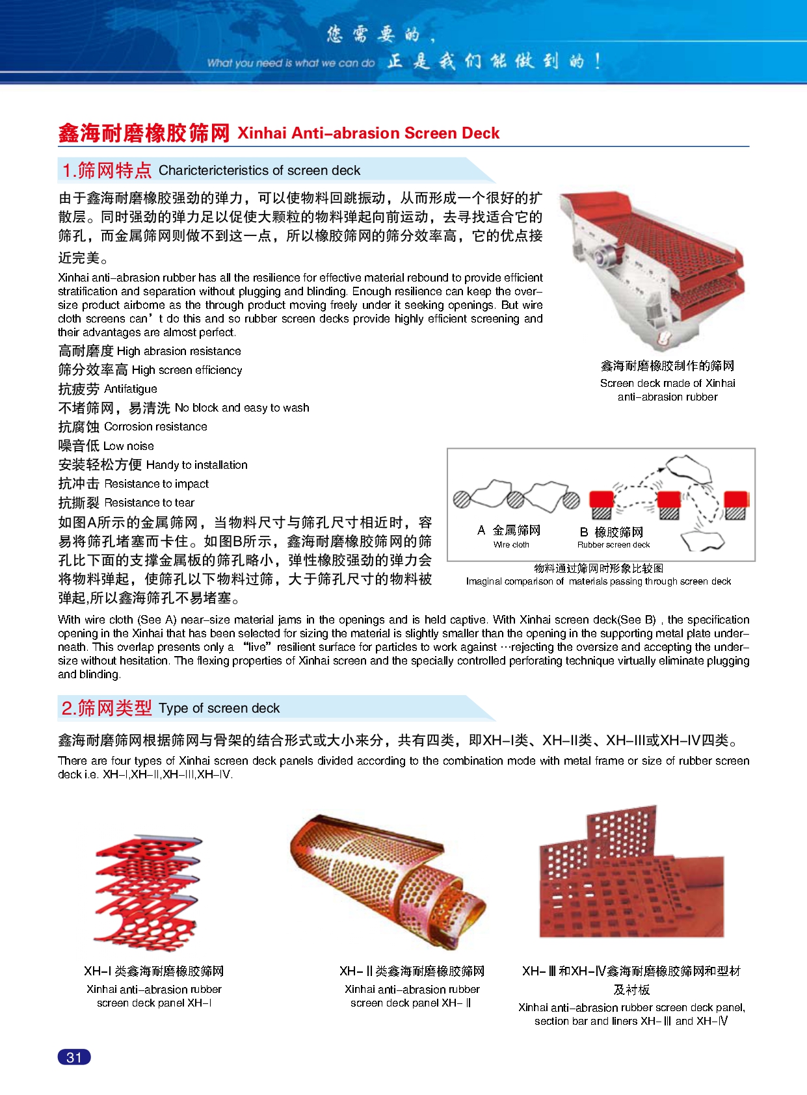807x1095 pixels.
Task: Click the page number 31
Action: pyautogui.click(x=74, y=1057)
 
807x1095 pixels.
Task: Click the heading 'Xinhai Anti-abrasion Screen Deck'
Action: pyautogui.click(x=368, y=133)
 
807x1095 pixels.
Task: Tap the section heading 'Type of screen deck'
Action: pyautogui.click(x=219, y=708)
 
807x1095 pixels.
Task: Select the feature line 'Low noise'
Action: pyautogui.click(x=129, y=446)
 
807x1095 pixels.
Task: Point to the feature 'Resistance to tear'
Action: pyautogui.click(x=149, y=503)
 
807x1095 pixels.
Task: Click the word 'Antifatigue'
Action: pyautogui.click(x=131, y=389)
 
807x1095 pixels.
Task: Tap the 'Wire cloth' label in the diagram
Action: pyautogui.click(x=511, y=545)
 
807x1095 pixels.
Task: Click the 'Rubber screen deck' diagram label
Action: pyautogui.click(x=613, y=545)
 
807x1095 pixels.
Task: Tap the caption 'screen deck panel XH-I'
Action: pyautogui.click(x=154, y=1003)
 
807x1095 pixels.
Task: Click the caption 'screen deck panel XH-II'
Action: pyautogui.click(x=410, y=1003)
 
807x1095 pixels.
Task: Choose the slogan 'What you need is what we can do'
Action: pyautogui.click(x=291, y=63)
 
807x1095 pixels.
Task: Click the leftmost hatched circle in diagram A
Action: pyautogui.click(x=462, y=499)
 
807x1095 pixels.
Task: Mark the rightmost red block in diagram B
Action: pyautogui.click(x=735, y=499)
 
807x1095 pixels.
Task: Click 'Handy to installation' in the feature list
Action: pyautogui.click(x=197, y=465)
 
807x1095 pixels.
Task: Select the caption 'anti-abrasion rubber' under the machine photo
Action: pyautogui.click(x=667, y=397)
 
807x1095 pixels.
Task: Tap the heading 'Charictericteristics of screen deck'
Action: pyautogui.click(x=259, y=170)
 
